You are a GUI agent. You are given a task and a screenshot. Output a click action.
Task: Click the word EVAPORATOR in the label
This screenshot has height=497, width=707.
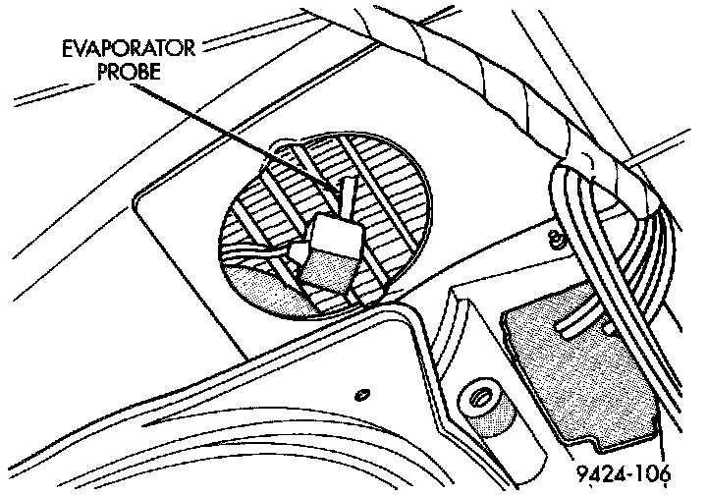tap(136, 50)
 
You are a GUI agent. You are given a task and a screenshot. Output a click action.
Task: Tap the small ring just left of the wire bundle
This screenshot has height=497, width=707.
tap(557, 238)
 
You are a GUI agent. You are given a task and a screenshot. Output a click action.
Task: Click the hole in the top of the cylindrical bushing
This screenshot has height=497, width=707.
tap(480, 398)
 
